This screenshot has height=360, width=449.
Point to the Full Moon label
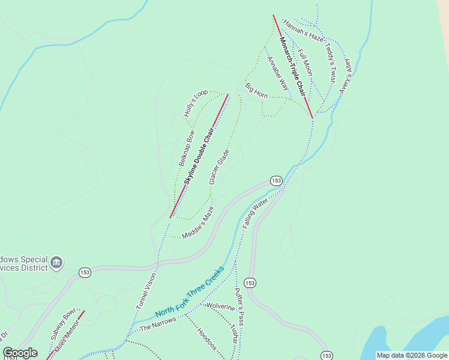click(305, 62)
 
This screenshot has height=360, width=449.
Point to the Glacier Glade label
click(219, 167)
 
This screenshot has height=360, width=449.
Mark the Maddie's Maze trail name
click(197, 223)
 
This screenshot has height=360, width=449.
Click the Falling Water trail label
click(255, 214)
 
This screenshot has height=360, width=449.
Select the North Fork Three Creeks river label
click(190, 293)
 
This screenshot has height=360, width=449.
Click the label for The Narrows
click(158, 324)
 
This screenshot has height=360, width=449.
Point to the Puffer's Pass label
click(240, 310)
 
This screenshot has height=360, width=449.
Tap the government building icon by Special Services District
click(56, 263)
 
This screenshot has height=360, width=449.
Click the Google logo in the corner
click(20, 353)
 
